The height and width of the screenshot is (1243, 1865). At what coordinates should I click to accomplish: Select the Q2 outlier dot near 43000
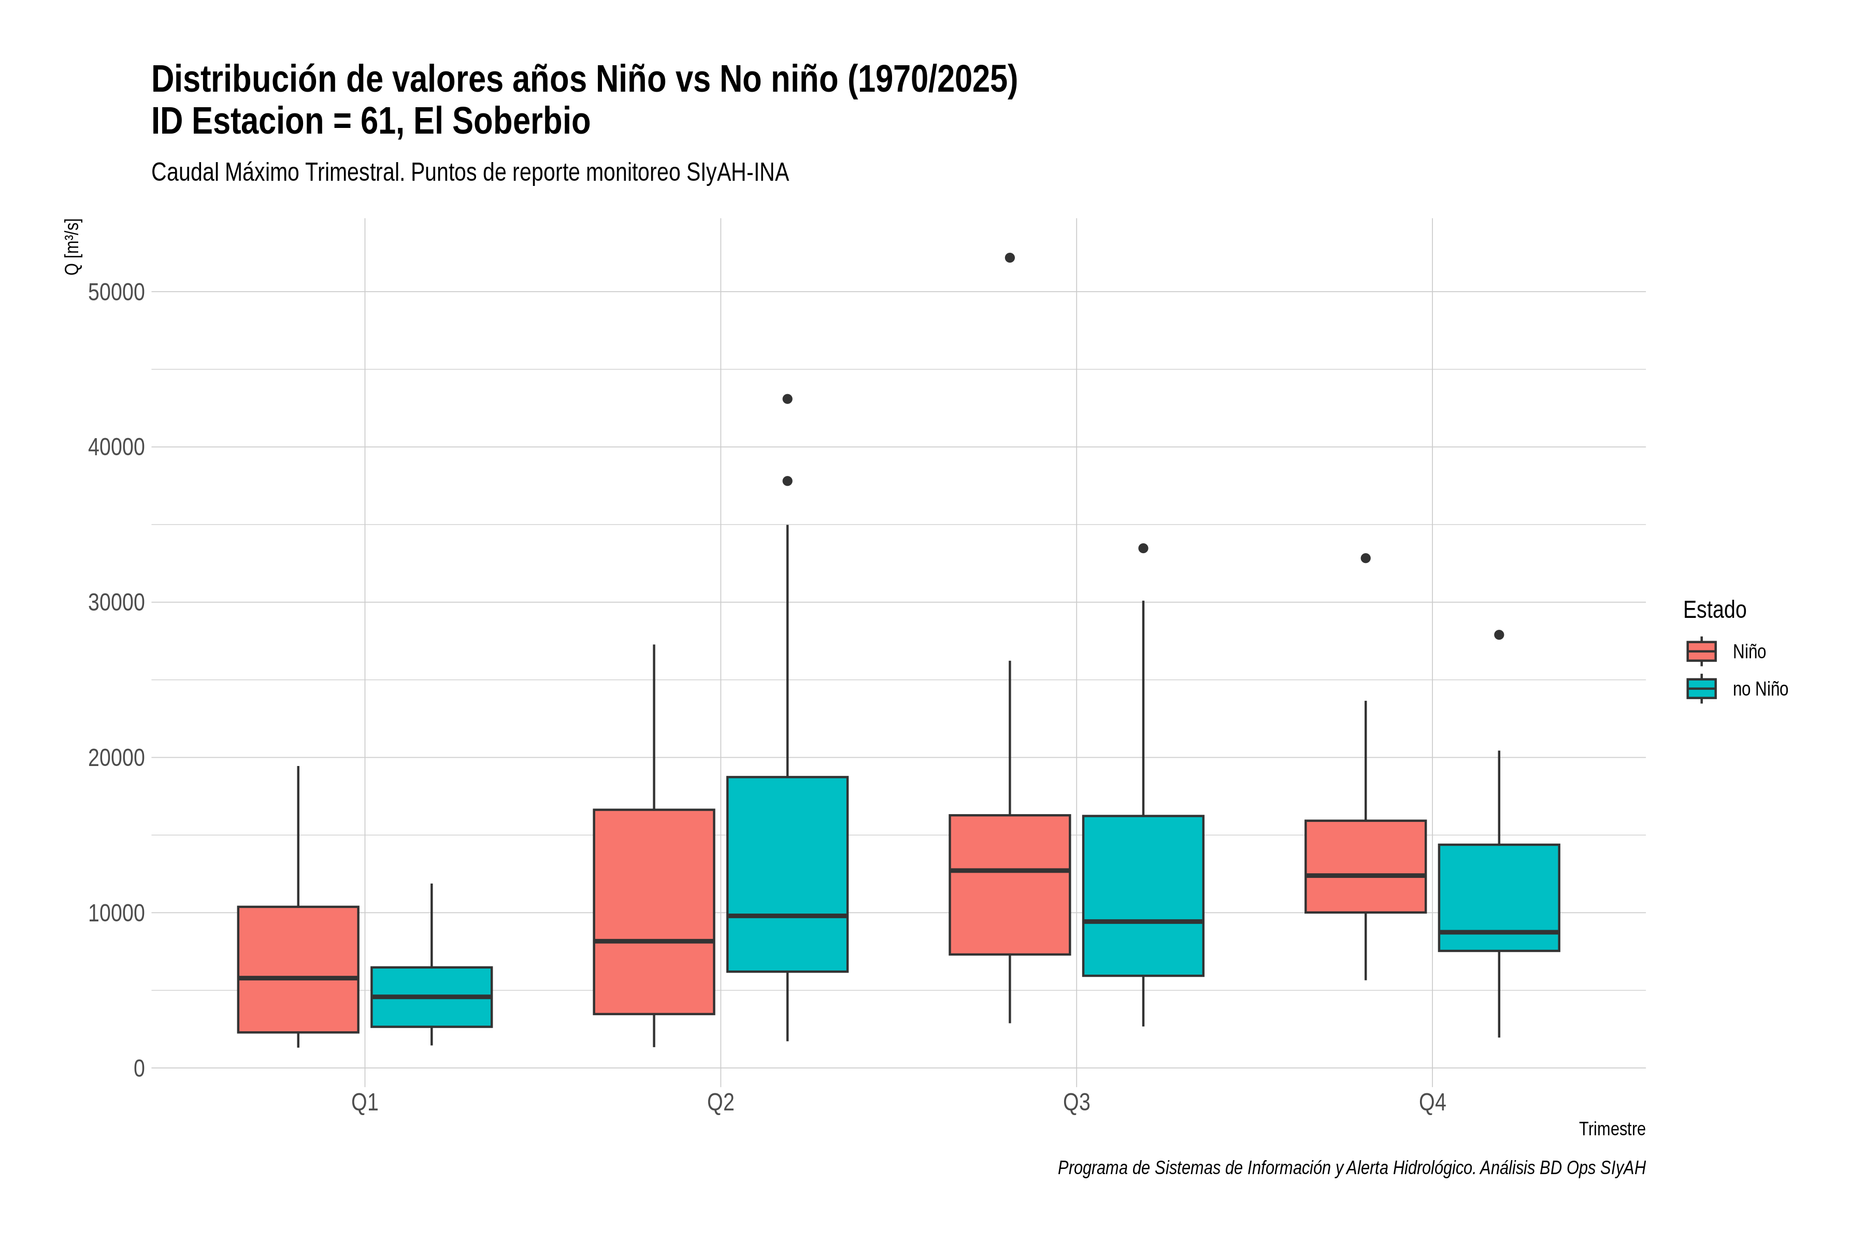click(787, 399)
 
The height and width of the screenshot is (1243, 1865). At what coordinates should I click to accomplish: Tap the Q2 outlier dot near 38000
click(787, 481)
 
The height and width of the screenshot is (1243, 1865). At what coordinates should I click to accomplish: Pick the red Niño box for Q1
click(298, 970)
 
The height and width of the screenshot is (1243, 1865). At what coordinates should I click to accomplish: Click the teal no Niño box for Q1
click(432, 998)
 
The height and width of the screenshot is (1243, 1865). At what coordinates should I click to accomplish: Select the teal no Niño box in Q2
click(787, 874)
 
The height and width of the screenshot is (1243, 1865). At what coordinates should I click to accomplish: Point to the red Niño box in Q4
click(1366, 866)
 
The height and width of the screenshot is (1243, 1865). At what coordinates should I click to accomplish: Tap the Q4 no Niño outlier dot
click(1499, 635)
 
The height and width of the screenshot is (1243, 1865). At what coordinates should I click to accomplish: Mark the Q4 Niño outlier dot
click(1366, 558)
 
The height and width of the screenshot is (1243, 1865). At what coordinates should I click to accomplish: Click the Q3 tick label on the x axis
click(1076, 1103)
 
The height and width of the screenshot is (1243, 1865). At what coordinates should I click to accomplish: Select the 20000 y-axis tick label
click(117, 758)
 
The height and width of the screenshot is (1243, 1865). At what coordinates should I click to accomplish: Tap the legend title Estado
click(1714, 610)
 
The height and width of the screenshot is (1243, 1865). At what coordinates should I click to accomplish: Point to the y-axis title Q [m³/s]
click(72, 247)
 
